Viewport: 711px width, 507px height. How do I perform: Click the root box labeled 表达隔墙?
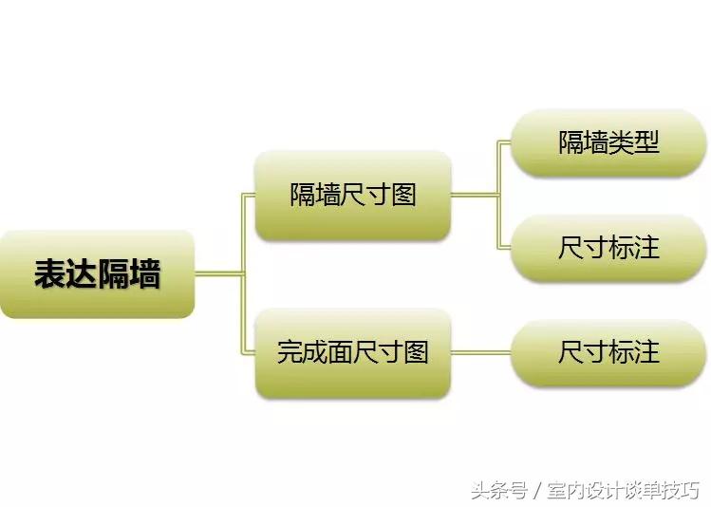click(97, 274)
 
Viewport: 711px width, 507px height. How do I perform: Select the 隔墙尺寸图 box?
click(352, 196)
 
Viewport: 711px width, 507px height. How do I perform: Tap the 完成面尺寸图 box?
click(352, 352)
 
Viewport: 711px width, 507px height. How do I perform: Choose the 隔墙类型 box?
click(608, 143)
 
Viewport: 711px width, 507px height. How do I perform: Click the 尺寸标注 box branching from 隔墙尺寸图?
click(608, 248)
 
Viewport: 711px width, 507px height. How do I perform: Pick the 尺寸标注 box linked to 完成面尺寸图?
click(608, 352)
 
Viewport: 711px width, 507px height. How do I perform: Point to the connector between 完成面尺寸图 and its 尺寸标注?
click(480, 352)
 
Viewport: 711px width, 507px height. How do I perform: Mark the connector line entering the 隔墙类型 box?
click(504, 143)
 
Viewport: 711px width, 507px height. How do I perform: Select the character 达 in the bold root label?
click(82, 274)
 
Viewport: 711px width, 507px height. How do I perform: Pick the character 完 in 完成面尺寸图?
click(290, 352)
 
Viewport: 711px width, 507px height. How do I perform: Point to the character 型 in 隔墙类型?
click(646, 143)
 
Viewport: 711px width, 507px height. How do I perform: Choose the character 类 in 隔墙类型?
click(621, 143)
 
